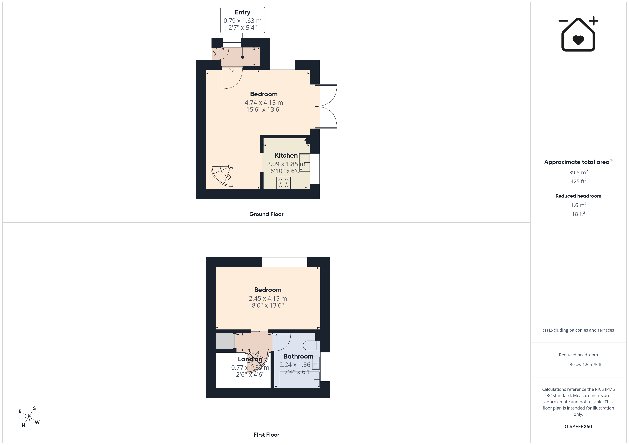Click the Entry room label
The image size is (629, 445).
click(x=242, y=12)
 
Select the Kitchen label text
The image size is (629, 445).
click(x=286, y=155)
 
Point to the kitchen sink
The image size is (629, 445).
click(x=304, y=162)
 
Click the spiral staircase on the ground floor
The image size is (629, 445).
click(x=222, y=176)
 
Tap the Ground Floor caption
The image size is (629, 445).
click(x=266, y=214)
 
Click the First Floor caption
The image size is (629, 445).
click(x=266, y=435)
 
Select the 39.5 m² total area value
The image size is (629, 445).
click(x=578, y=172)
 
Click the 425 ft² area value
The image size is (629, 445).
click(x=578, y=181)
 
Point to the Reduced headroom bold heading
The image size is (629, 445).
click(x=578, y=196)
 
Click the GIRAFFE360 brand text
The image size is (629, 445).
click(x=578, y=427)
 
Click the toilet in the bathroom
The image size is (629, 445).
click(x=312, y=345)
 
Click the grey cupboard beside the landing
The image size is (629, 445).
click(x=225, y=341)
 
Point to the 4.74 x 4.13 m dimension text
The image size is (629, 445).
click(x=264, y=103)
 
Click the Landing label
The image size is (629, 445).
click(x=250, y=359)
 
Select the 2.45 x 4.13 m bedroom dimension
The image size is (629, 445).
click(x=268, y=298)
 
